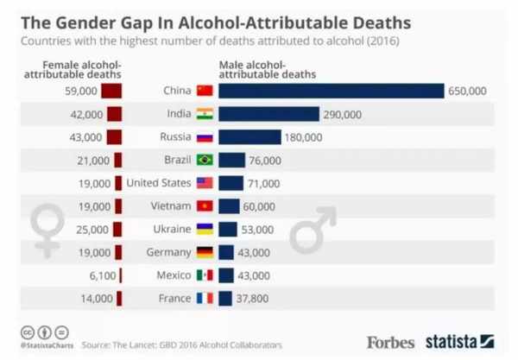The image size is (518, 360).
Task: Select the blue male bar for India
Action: (268, 114)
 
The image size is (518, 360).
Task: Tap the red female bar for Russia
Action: (114, 137)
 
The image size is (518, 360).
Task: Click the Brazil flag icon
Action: (205, 160)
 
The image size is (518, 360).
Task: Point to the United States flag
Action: (205, 183)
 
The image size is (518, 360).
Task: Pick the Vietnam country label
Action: (170, 206)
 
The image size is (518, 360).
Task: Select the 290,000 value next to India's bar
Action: (342, 114)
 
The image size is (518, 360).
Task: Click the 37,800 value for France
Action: (256, 299)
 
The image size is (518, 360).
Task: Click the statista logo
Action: (458, 341)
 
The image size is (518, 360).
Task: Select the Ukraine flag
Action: (205, 230)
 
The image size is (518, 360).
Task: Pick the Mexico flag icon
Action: (205, 275)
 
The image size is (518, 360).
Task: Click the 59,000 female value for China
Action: (84, 91)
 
